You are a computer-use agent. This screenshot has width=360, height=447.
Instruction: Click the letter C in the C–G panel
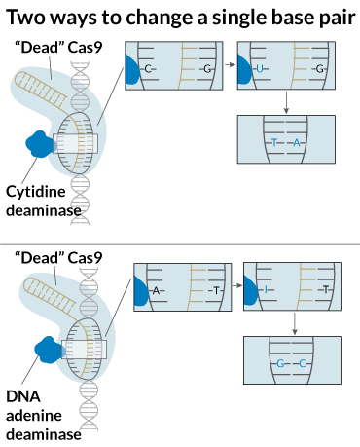[x=147, y=69]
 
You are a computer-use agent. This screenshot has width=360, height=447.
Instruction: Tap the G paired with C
[x=206, y=69]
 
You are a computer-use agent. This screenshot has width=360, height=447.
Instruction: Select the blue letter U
[x=259, y=69]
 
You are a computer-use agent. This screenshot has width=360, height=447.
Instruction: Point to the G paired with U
[x=319, y=69]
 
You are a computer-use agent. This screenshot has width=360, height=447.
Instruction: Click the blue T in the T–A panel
[x=274, y=143]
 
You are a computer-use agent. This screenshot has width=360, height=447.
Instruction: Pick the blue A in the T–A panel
[x=297, y=143]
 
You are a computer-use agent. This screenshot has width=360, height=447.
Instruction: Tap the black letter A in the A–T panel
[x=156, y=290]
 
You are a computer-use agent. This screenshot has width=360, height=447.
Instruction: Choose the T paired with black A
[x=216, y=290]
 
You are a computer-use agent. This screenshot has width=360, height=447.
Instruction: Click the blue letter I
[x=266, y=290]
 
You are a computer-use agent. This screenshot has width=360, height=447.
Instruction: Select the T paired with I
[x=325, y=290]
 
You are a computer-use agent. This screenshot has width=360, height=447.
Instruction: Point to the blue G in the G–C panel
[x=280, y=364]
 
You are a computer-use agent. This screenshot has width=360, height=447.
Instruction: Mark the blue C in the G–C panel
[x=303, y=364]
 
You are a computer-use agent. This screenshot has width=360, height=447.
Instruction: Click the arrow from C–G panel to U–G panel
[x=230, y=65]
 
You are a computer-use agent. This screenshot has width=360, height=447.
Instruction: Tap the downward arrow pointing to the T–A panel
[x=286, y=102]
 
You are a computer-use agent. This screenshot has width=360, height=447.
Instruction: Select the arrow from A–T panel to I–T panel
[x=237, y=285]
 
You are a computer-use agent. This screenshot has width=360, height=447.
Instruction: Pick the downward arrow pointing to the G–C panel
[x=294, y=323]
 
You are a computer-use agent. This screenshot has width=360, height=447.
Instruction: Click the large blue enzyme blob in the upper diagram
[x=40, y=144]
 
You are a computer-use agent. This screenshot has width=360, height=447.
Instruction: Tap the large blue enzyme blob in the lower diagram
[x=49, y=349]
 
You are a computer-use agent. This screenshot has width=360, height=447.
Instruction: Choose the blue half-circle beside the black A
[x=140, y=291]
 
